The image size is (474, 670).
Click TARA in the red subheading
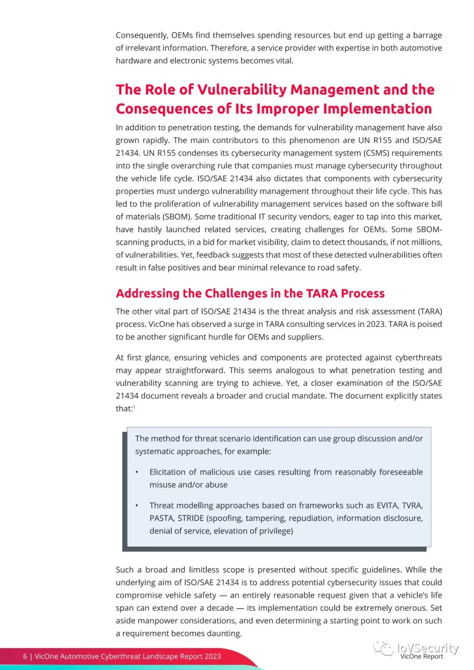pos(322,293)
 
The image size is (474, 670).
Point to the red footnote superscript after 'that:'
pos(134,407)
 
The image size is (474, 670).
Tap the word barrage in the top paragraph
pos(427,35)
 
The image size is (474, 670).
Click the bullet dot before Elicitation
pos(137,472)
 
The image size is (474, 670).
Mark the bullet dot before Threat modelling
pos(137,505)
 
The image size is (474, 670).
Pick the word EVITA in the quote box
pos(388,505)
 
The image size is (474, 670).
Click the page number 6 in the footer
pos(25,656)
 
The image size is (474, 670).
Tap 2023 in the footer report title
pos(212,656)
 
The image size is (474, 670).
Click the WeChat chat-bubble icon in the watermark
pos(383,648)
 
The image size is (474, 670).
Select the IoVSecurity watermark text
pos(427,648)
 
